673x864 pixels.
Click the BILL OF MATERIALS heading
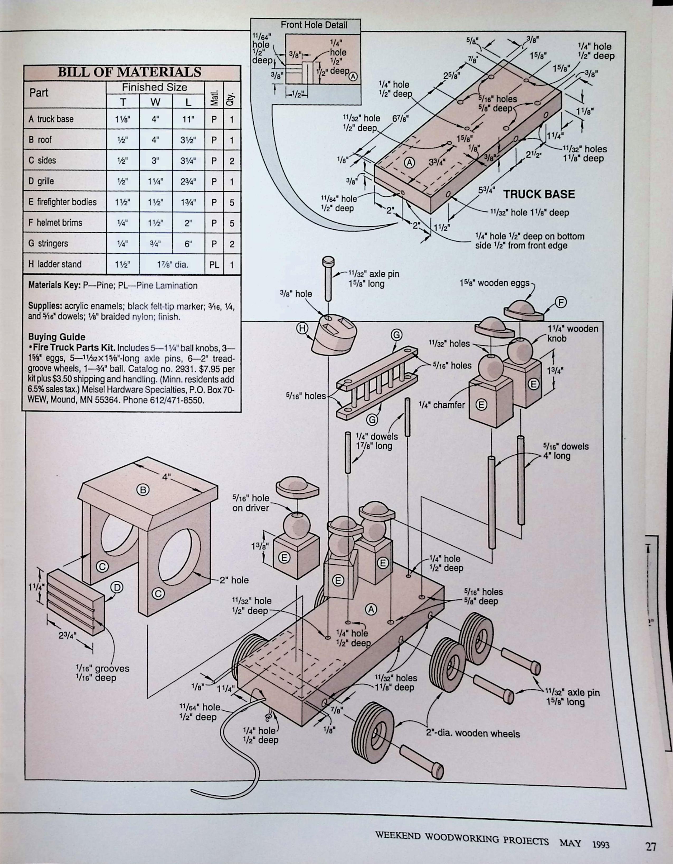coord(130,72)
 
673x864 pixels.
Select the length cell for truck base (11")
coord(188,119)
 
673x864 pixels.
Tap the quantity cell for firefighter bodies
coord(232,202)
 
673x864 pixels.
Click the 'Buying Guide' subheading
coord(56,337)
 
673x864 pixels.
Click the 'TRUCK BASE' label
coord(539,194)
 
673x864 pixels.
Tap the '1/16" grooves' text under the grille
coord(102,668)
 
